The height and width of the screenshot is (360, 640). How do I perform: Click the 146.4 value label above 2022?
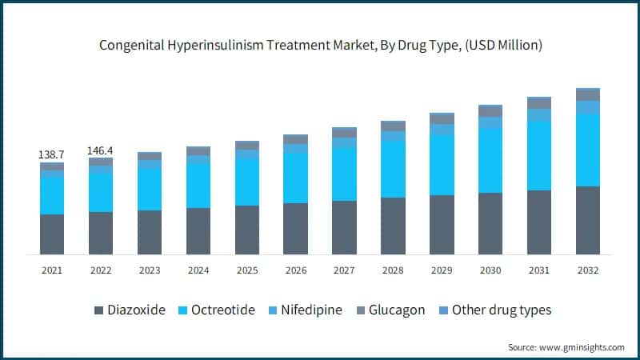click(x=101, y=150)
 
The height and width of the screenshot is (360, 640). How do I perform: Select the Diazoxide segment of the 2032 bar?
click(x=588, y=220)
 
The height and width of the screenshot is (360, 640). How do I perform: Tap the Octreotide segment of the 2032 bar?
click(x=588, y=150)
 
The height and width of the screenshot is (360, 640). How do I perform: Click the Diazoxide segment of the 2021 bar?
click(x=52, y=234)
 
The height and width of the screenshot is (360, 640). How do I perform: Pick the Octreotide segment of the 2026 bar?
click(x=295, y=178)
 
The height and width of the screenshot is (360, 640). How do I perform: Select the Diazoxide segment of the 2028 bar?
click(x=393, y=226)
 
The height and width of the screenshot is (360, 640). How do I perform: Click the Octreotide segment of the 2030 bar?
click(x=490, y=160)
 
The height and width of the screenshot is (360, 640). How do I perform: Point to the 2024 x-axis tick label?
click(x=198, y=270)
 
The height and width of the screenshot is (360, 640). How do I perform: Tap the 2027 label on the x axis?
click(x=344, y=270)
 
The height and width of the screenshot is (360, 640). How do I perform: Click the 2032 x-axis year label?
click(x=588, y=270)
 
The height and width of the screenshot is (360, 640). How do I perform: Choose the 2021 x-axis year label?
click(x=52, y=270)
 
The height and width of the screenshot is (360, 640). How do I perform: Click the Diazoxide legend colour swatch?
click(x=98, y=310)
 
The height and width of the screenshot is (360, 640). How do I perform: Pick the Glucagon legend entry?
click(x=397, y=310)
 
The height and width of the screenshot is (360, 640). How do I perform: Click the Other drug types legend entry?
click(x=501, y=310)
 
